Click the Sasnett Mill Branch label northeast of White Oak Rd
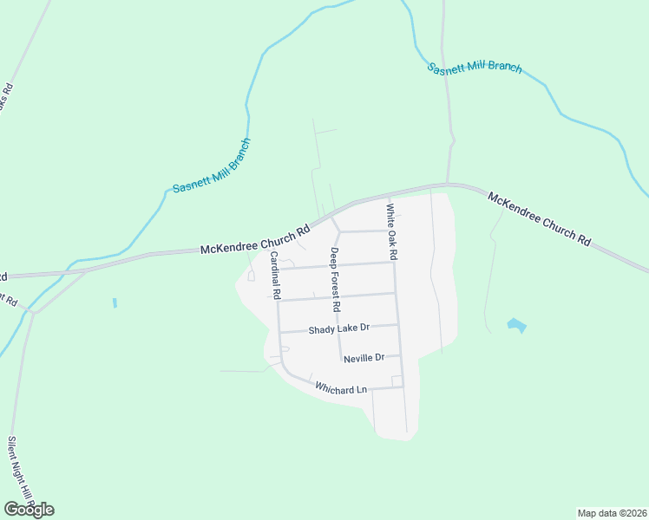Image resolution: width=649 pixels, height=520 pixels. click(x=475, y=68)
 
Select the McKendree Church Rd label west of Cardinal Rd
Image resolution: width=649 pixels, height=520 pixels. click(x=255, y=241)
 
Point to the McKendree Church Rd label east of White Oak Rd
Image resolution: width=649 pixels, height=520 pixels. click(x=539, y=221)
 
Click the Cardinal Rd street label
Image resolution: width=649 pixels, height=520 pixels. click(x=275, y=276)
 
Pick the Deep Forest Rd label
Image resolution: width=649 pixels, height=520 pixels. click(x=335, y=279)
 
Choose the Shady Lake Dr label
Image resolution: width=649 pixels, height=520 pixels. click(x=339, y=328)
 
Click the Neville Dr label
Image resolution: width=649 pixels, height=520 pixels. click(x=364, y=358)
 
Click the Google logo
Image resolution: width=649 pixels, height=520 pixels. click(x=29, y=509)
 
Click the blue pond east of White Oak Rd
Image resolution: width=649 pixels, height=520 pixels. click(x=515, y=325)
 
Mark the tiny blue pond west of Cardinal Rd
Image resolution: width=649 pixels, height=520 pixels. click(x=115, y=303)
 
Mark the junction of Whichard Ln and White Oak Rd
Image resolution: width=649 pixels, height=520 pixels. click(x=403, y=387)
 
